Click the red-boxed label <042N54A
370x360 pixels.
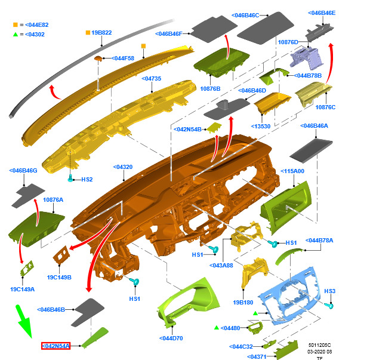coord(55,346)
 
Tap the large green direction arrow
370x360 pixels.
coord(24,321)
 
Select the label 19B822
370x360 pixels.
coord(101,33)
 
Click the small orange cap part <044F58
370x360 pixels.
coord(98,58)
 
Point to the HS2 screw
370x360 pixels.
coord(70,179)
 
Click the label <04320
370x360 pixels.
coord(123,167)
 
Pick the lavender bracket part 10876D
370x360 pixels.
coord(306,58)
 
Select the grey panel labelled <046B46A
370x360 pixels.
coord(311,150)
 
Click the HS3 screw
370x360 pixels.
coord(328,306)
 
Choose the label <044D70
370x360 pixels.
coord(171,339)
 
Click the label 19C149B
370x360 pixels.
coord(59,277)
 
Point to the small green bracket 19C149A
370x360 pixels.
coord(27,268)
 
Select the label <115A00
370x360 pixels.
coord(292,171)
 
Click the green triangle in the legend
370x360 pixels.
coord(16,35)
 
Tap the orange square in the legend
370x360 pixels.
coord(16,24)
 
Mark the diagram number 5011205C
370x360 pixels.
coord(319,345)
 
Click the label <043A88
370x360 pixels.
coord(221,265)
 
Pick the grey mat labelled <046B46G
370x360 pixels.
coord(28,196)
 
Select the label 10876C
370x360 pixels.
coord(325,107)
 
